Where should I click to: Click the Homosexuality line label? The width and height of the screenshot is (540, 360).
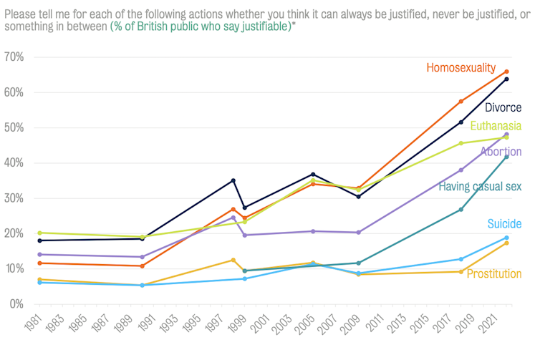click(x=461, y=68)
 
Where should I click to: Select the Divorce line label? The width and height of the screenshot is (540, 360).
click(x=503, y=108)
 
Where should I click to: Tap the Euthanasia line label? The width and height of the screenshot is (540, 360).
click(x=496, y=126)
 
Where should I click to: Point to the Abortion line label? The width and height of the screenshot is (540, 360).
click(x=501, y=152)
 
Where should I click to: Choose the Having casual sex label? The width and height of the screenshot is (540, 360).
click(x=480, y=187)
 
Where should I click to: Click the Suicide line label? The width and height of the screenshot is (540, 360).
click(x=505, y=224)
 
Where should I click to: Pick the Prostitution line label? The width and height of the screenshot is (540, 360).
click(x=493, y=274)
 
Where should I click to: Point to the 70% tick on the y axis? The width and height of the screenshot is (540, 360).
click(x=14, y=57)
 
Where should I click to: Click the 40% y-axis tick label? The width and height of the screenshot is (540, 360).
click(x=14, y=163)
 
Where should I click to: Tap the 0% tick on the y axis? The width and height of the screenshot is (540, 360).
click(x=17, y=304)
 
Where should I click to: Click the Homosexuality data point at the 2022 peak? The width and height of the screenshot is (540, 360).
click(x=506, y=72)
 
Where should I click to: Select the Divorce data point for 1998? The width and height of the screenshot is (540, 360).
click(x=233, y=180)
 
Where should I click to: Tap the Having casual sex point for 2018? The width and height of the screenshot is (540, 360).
click(x=461, y=210)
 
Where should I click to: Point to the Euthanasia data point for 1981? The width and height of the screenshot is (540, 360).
click(x=39, y=233)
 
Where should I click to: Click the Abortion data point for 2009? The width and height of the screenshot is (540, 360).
click(x=358, y=233)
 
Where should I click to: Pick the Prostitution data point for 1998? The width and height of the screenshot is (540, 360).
click(x=233, y=260)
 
